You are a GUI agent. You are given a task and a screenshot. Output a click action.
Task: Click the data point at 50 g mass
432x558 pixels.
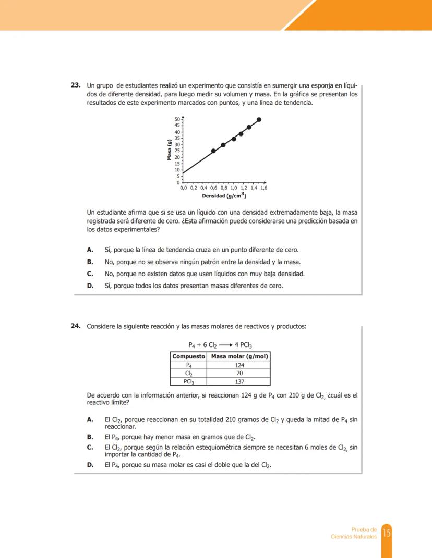click(259, 119)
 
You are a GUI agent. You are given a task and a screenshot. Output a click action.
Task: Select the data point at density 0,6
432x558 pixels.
click(213, 151)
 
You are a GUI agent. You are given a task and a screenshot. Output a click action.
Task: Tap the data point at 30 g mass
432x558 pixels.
click(223, 145)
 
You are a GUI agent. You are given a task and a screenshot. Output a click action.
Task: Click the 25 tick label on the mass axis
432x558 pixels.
click(177, 151)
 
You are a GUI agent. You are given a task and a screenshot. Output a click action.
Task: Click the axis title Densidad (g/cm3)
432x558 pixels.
click(224, 196)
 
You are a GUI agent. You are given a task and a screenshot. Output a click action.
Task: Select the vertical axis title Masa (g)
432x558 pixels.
click(169, 150)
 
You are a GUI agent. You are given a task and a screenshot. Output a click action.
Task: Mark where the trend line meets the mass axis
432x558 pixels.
click(183, 173)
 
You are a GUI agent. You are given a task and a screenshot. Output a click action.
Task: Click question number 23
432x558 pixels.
click(76, 85)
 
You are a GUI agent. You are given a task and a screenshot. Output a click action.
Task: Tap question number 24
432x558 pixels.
click(76, 326)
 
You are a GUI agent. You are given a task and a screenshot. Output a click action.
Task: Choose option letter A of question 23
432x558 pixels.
click(90, 250)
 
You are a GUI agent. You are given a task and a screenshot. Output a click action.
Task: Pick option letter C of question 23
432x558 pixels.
click(90, 274)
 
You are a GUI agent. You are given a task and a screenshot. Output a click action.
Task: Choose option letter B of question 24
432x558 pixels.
click(90, 437)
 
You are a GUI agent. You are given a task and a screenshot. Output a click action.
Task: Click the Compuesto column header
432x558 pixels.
click(189, 356)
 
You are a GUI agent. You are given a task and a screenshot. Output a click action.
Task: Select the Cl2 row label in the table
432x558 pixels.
click(189, 374)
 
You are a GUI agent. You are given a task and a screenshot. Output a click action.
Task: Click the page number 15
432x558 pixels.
click(387, 532)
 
